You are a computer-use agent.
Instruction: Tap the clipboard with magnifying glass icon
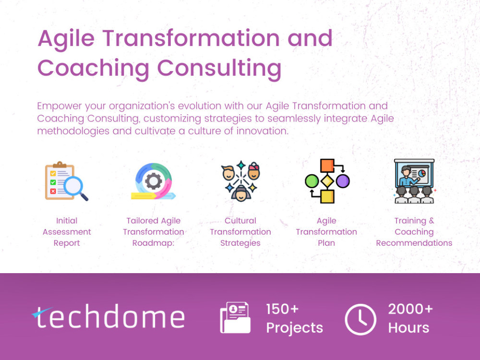pos(66,181)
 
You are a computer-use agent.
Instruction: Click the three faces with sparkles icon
pos(240,181)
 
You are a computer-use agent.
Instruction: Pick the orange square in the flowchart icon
pos(327,166)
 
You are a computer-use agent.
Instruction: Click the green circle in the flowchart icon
pos(312,181)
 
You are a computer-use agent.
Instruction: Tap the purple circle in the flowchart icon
pos(342,181)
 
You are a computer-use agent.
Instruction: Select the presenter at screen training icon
pos(414,181)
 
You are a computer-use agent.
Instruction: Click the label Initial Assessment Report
pos(67,232)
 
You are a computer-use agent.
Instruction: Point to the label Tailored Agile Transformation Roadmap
pos(154,232)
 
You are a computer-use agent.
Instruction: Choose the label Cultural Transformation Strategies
pos(240,232)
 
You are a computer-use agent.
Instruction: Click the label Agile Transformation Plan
pos(326,232)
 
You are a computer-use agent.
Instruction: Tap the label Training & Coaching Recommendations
pos(414,232)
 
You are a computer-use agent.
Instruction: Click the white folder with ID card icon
pos(235,318)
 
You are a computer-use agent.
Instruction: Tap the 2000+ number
pos(410,309)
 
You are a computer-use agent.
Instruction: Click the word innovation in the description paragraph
pos(262,131)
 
